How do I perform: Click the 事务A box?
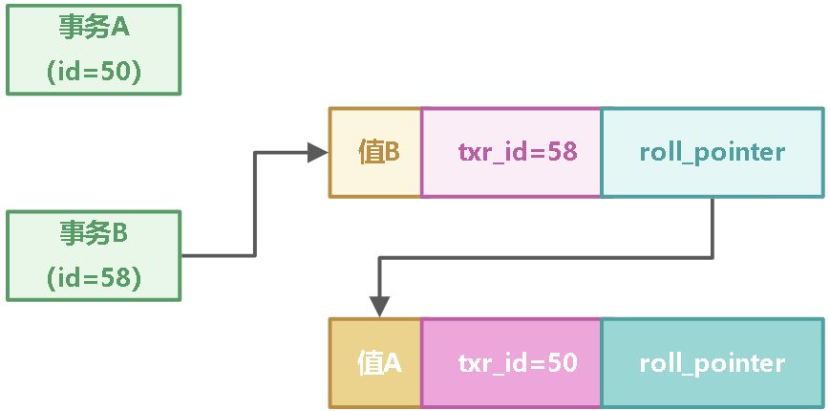93,49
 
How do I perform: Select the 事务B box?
93,255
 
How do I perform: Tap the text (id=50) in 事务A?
93,73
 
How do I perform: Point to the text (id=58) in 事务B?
93,278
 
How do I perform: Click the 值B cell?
375,153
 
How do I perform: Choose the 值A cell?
375,363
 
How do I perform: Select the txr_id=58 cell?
511,153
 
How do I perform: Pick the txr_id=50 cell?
511,363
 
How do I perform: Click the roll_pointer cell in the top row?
712,153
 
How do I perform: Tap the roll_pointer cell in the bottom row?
712,363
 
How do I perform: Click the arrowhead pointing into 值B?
318,153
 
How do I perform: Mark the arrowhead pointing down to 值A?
379,307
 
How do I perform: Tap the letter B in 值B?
391,153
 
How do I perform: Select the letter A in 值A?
392,363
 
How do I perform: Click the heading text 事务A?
93,27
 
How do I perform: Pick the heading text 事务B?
93,232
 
